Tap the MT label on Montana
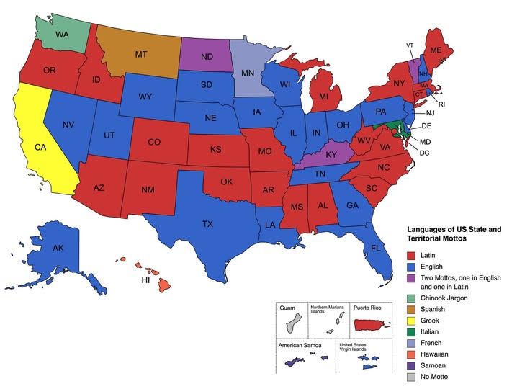click(142, 53)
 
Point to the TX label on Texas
click(207, 224)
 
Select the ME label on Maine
click(436, 51)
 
